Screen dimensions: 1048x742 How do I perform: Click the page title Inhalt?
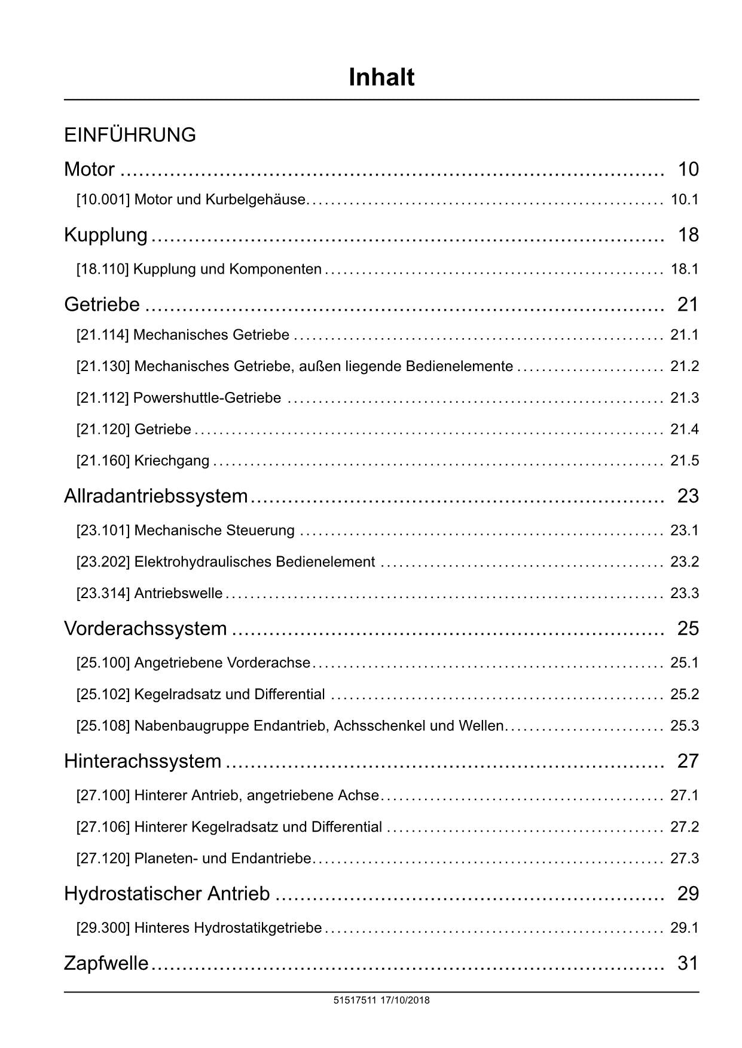(381, 78)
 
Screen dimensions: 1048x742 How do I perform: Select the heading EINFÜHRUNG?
(130, 135)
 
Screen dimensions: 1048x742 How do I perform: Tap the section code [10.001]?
(103, 200)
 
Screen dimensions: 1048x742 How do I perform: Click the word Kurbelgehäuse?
(255, 200)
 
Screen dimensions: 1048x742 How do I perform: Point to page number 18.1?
(685, 269)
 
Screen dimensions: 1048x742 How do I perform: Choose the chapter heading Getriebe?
(102, 305)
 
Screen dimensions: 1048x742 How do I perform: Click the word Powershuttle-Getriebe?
(207, 398)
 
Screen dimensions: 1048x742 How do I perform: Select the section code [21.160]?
(103, 461)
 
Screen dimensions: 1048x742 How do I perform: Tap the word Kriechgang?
(172, 461)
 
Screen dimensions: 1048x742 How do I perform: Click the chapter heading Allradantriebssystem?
(155, 496)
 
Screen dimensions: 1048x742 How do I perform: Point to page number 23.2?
(685, 562)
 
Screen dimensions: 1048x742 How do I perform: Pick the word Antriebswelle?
(178, 594)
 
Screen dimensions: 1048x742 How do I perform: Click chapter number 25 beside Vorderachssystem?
(688, 629)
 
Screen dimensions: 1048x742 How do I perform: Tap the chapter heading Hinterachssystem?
(142, 761)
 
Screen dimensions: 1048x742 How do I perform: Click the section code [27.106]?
(103, 828)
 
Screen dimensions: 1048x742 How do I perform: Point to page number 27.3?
(685, 859)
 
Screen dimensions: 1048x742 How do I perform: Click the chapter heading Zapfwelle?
(106, 963)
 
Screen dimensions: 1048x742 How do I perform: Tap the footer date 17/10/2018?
(405, 1000)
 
